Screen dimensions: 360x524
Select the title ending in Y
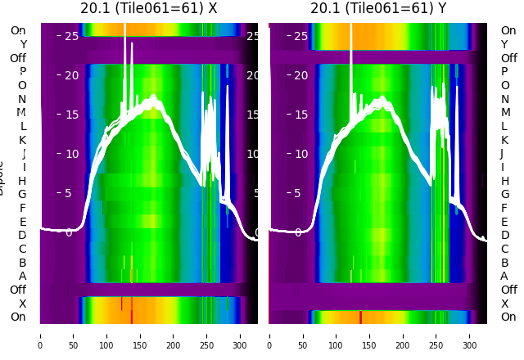click(378, 9)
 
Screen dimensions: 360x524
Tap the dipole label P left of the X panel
click(22, 72)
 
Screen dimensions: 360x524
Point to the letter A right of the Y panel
click(504, 276)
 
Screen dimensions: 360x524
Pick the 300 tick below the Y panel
click(470, 335)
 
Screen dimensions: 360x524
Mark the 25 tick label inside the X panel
click(71, 36)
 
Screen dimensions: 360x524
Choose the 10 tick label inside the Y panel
click(300, 154)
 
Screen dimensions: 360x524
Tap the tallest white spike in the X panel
click(124, 33)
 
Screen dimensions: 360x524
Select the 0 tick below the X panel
click(40, 335)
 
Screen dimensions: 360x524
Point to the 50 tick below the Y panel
click(303, 335)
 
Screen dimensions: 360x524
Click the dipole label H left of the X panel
click(22, 181)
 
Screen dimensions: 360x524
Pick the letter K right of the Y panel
click(504, 140)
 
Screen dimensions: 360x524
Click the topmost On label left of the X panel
click(18, 30)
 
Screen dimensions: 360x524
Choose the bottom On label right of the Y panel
click(508, 317)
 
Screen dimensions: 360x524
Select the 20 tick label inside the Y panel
click(300, 75)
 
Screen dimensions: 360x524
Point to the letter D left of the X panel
click(22, 236)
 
